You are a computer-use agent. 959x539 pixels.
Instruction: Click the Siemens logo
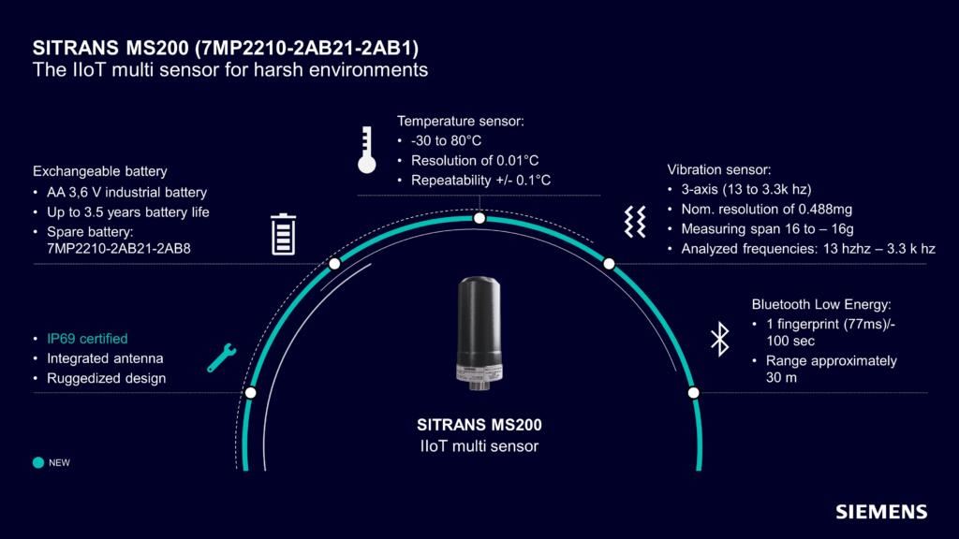881,512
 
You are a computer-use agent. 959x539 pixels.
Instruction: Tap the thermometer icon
365,151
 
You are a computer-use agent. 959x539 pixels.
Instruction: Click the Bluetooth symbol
719,338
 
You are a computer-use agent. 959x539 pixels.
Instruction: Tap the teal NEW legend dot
38,462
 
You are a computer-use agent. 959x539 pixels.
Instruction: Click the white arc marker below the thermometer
479,218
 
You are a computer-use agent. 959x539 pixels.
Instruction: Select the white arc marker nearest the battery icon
334,264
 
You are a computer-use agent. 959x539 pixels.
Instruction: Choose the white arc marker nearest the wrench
250,392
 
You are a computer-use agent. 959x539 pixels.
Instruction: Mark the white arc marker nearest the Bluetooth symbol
693,392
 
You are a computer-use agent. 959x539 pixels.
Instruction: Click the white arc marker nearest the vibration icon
608,264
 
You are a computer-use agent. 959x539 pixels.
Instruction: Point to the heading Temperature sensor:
460,122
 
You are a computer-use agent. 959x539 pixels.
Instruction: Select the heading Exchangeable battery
100,171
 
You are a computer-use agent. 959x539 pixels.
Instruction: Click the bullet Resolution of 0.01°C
475,160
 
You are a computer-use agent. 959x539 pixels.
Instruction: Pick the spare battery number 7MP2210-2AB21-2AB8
107,249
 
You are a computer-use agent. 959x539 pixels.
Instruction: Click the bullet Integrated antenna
105,358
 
